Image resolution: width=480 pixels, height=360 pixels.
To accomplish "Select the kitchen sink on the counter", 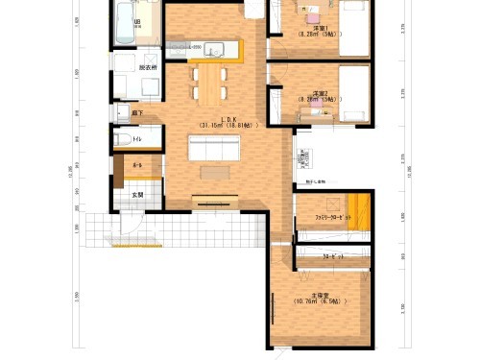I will (213, 50).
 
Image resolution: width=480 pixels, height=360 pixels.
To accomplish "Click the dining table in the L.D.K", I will (208, 81).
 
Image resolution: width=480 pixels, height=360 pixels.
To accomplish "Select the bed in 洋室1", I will (353, 29).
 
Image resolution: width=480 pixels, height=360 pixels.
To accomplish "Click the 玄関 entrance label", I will (137, 195).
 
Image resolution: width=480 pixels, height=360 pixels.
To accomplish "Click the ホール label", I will (137, 166).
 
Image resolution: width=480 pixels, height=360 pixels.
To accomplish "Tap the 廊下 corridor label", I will (137, 113).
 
